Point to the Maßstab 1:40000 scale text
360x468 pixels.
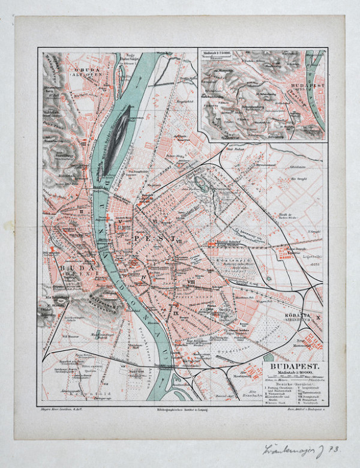(x=294, y=372)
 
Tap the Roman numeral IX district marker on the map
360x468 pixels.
(x=176, y=313)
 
